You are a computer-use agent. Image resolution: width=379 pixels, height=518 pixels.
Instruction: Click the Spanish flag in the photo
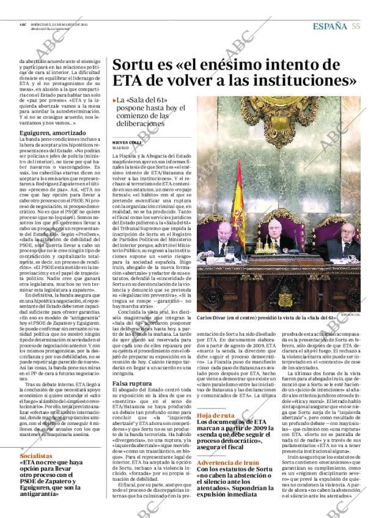(x=240, y=202)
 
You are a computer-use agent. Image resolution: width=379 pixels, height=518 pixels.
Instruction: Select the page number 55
(x=356, y=25)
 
